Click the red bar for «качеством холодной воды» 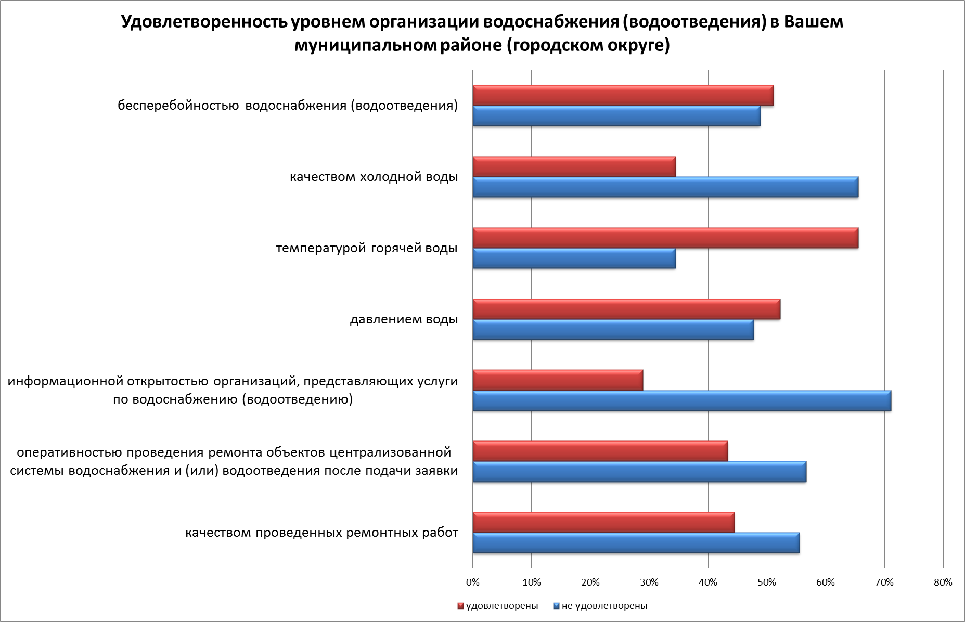(574, 166)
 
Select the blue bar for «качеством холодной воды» (665, 187)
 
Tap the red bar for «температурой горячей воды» (665, 238)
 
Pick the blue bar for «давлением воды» (613, 330)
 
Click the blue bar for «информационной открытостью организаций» (681, 401)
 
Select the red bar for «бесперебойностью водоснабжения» (623, 96)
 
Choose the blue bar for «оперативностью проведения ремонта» (639, 472)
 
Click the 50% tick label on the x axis (767, 582)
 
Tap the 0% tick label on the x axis (472, 582)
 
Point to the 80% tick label (943, 582)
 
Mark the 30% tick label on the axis (649, 582)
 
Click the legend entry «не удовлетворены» (604, 606)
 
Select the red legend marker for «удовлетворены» (460, 606)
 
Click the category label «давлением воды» (404, 319)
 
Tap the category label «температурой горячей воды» (367, 248)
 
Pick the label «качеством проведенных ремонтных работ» (321, 533)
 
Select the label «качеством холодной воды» (374, 177)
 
